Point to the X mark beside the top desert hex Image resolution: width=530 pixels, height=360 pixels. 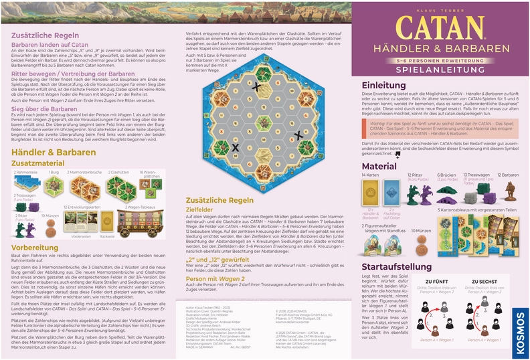255,86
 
